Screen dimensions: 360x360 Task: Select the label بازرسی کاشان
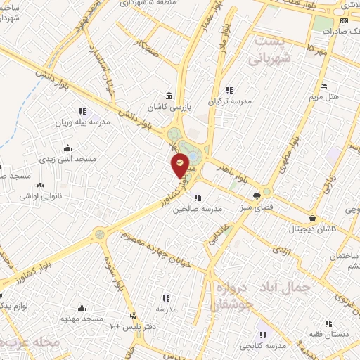172,106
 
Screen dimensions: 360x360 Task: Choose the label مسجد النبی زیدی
70,159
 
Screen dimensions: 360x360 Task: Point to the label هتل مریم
330,95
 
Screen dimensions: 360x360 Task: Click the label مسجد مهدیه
82,318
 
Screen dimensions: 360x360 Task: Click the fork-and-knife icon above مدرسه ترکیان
230,89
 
